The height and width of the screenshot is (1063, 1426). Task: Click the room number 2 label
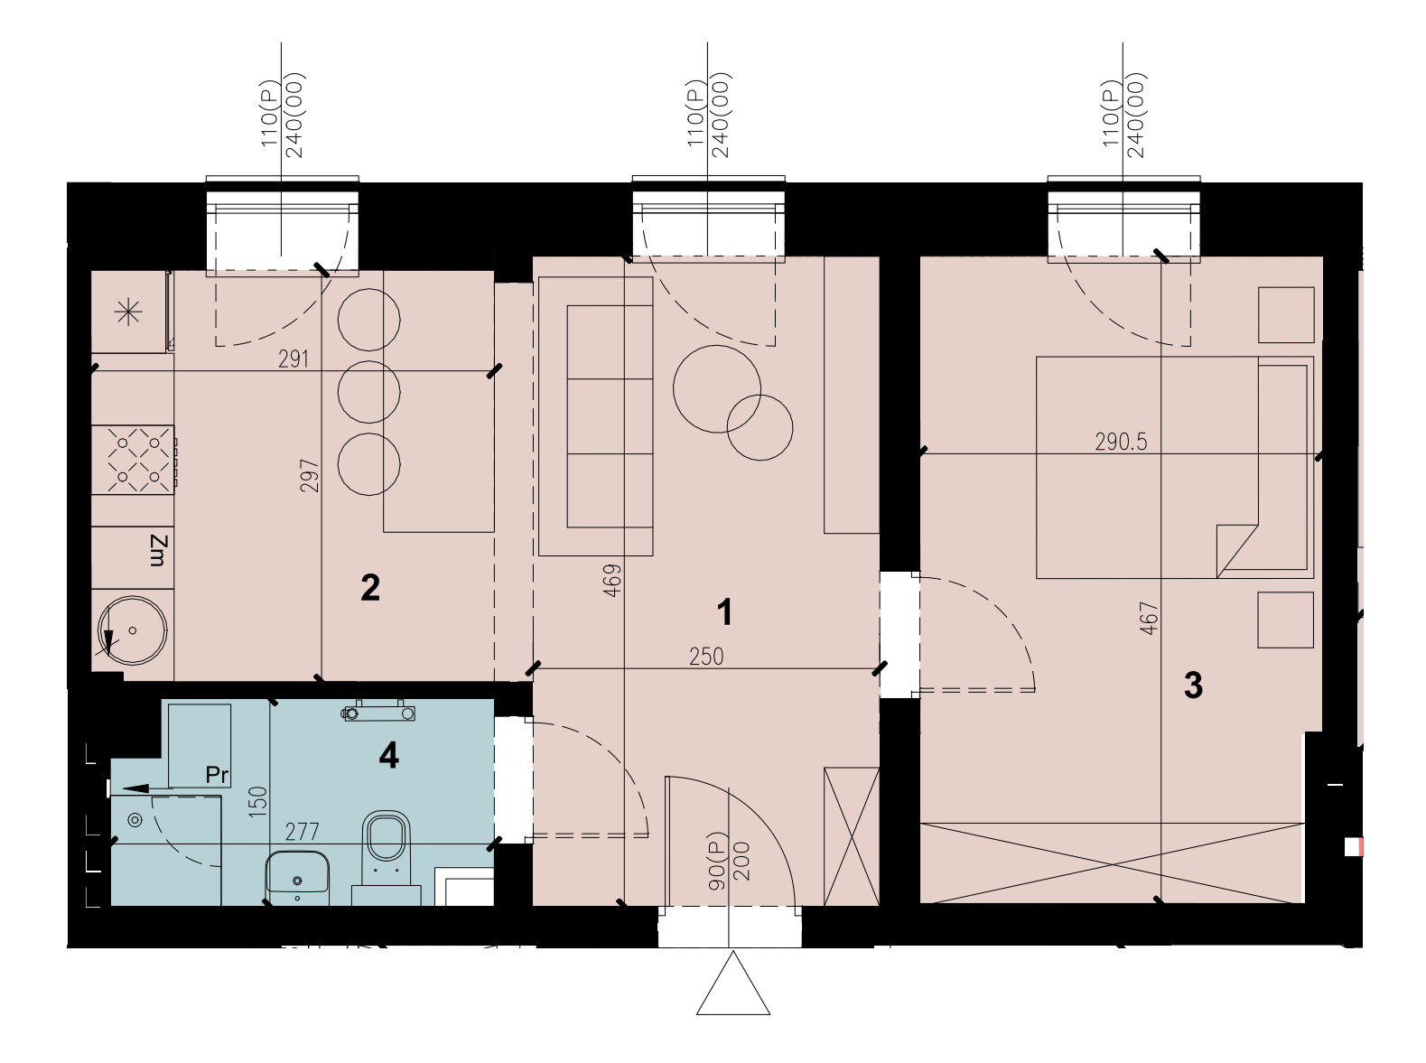tap(370, 588)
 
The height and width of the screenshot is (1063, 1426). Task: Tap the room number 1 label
tap(724, 612)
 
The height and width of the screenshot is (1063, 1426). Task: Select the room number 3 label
tap(1193, 685)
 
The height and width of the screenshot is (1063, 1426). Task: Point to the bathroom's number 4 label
tap(388, 756)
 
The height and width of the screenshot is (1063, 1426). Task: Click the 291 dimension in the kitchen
tap(293, 359)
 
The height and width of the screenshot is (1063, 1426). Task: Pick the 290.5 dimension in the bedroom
tap(1122, 442)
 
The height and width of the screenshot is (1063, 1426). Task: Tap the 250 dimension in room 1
tap(706, 657)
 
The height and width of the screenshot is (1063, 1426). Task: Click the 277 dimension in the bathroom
tap(303, 831)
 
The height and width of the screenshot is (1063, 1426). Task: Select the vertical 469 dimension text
tap(612, 580)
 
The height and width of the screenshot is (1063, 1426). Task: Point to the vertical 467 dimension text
tap(1149, 619)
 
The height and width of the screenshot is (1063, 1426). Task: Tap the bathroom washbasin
tap(297, 877)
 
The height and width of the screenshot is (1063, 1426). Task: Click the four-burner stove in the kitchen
tap(134, 460)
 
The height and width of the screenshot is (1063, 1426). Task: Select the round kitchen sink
tap(132, 630)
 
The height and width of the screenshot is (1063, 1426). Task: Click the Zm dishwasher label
tap(159, 551)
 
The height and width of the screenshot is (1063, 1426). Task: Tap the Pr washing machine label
tap(217, 775)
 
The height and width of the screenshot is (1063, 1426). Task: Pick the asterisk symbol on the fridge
tap(128, 313)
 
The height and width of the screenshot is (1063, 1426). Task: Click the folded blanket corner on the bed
tap(1236, 551)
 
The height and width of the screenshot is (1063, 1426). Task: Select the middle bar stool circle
tap(369, 392)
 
